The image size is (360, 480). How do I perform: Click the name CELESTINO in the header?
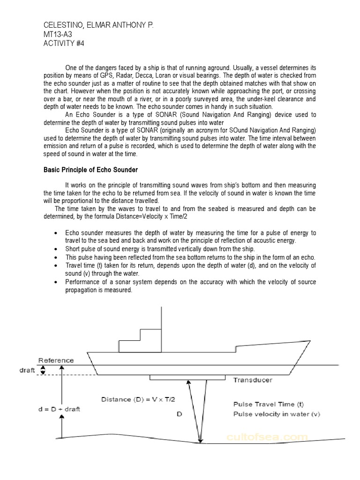coord(60,25)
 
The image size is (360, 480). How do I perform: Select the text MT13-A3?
coord(59,34)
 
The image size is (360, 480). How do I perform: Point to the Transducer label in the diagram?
coord(253,380)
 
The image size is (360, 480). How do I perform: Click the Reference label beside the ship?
coord(56,360)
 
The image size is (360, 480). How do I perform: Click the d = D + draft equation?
coord(60,409)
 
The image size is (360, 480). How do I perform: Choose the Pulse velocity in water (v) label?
coord(277,414)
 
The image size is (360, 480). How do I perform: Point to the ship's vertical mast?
coord(162,328)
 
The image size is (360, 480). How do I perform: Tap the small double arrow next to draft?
coord(44,370)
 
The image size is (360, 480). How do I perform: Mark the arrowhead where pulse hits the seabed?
coord(201,440)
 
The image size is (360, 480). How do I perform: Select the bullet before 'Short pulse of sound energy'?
coord(56,248)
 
